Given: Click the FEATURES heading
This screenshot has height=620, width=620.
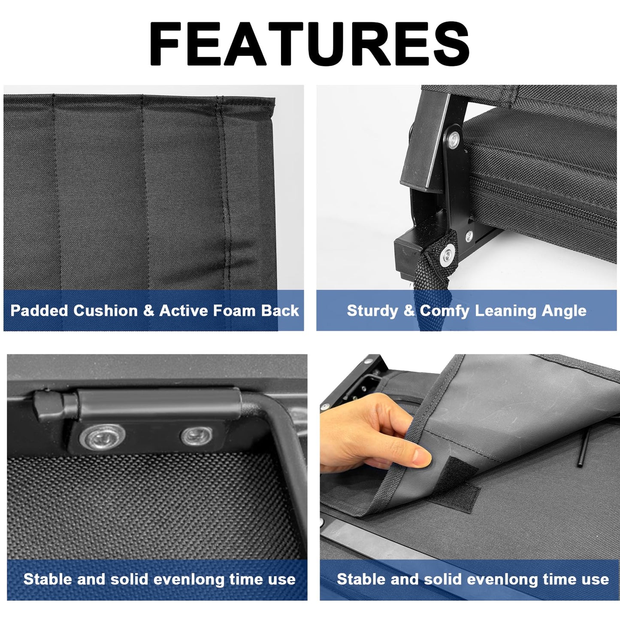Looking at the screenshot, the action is coord(309,44).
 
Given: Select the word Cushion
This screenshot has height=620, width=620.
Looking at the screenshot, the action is coord(105,311).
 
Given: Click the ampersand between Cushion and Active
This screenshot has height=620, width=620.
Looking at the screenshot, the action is coord(148,311).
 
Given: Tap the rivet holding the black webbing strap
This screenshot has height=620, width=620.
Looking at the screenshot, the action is coord(448,255).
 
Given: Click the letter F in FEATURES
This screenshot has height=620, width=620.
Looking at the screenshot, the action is coord(164,44).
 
